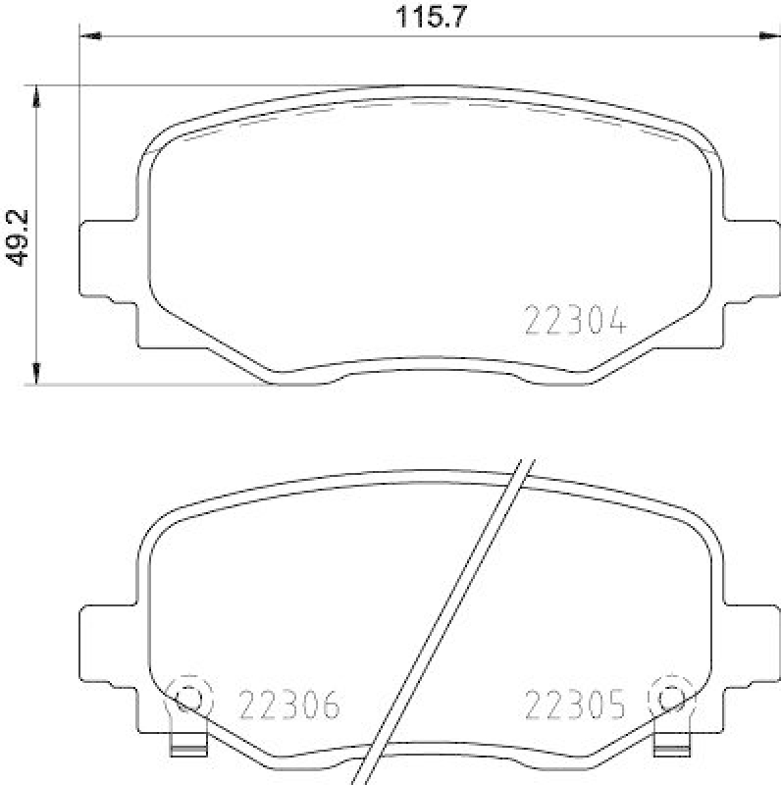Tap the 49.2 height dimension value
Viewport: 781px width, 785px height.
tap(18, 236)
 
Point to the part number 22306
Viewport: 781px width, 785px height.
tap(289, 704)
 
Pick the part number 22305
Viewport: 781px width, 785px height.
tap(575, 704)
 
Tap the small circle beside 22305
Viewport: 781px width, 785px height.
tap(670, 699)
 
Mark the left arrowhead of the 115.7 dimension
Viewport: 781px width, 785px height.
tap(90, 37)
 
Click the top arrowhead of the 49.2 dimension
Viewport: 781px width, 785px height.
tap(37, 96)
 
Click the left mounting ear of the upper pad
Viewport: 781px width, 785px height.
tap(103, 260)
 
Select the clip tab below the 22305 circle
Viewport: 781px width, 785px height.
tap(670, 748)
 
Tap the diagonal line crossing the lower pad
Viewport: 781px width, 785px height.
tap(446, 618)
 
